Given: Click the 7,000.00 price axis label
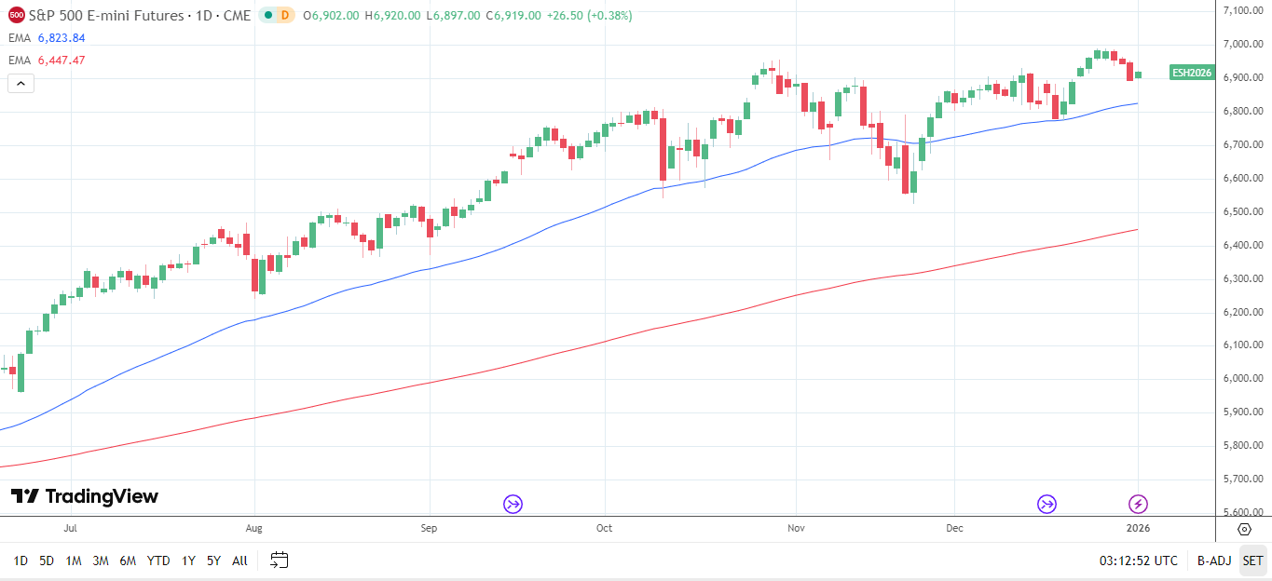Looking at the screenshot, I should [1242, 44].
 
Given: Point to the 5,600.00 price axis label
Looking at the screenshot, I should [1242, 512].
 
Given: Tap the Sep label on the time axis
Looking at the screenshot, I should [429, 528].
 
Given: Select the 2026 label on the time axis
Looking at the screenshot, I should [1138, 528].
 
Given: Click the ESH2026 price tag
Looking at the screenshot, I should [1192, 73].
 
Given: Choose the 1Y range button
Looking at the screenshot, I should [188, 561].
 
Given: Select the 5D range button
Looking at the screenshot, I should [47, 561].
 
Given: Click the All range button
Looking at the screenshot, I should [239, 561].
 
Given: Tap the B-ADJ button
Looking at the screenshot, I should [1213, 561].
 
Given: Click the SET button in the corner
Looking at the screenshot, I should [1252, 561].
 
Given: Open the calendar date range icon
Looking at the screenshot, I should [280, 561].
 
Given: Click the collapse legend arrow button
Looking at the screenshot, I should [21, 83].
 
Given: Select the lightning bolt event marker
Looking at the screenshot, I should [1139, 505].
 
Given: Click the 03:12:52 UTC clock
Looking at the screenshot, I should [1138, 561].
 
